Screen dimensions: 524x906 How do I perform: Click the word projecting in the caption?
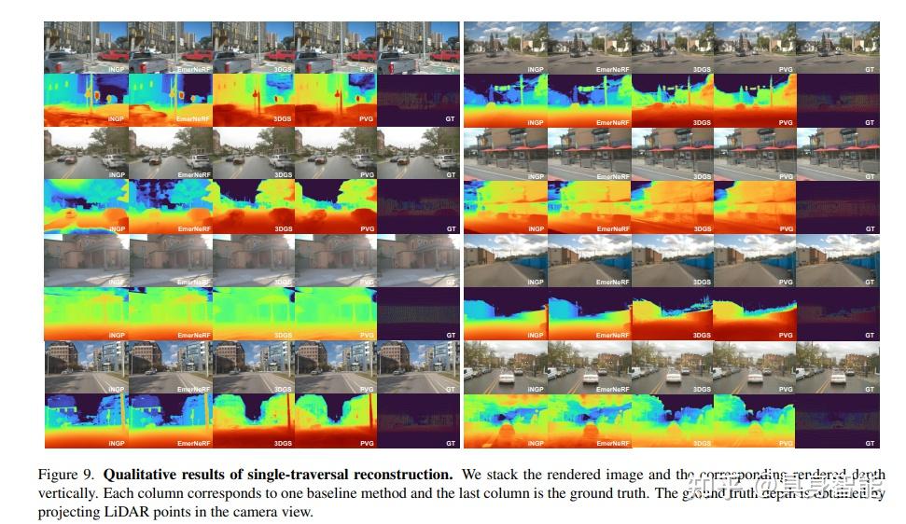pyautogui.click(x=68, y=512)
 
